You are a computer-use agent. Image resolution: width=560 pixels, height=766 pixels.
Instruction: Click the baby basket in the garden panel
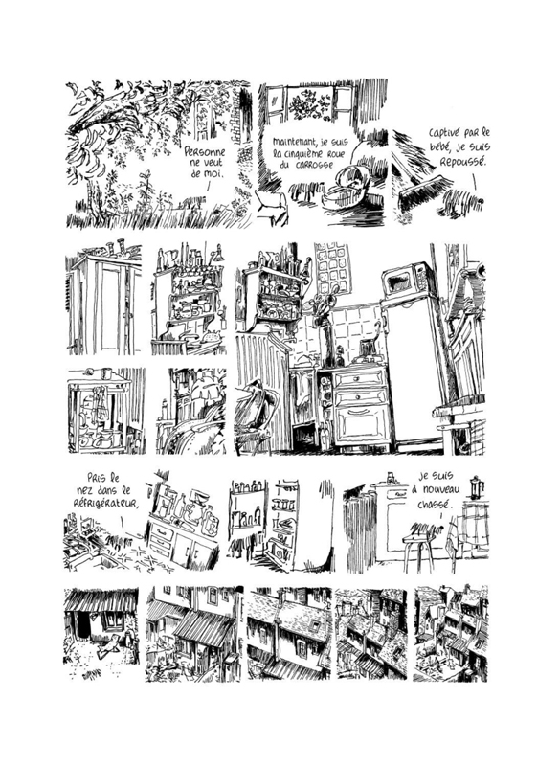coord(342,195)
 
